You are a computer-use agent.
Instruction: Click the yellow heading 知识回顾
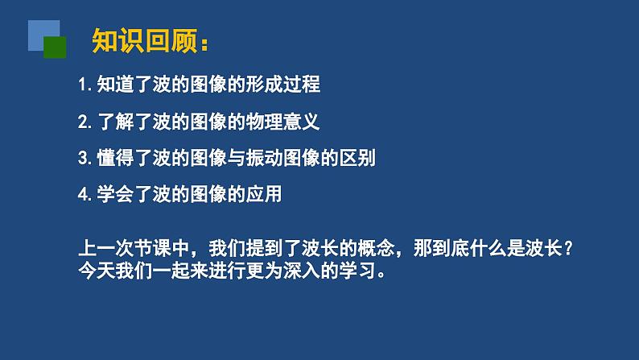point(145,41)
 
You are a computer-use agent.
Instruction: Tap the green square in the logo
point(55,48)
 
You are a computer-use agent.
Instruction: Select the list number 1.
point(83,85)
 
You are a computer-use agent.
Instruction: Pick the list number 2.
point(84,122)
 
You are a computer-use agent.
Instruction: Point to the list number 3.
point(84,158)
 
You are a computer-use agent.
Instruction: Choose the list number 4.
point(84,194)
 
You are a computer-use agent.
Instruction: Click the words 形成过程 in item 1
point(283,85)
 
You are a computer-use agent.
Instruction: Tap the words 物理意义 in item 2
point(283,122)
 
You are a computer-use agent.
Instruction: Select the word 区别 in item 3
point(357,158)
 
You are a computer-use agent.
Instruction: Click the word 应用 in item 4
point(264,194)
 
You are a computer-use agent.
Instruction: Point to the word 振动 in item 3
point(264,158)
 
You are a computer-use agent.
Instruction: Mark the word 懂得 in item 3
point(115,158)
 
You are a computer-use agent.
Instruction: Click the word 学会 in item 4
point(115,194)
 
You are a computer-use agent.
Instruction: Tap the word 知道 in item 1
point(115,85)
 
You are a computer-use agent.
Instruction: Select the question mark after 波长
point(569,248)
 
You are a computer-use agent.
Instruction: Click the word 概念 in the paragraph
point(376,248)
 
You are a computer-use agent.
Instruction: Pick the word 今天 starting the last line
point(97,271)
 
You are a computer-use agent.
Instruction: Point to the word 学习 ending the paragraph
point(357,271)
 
